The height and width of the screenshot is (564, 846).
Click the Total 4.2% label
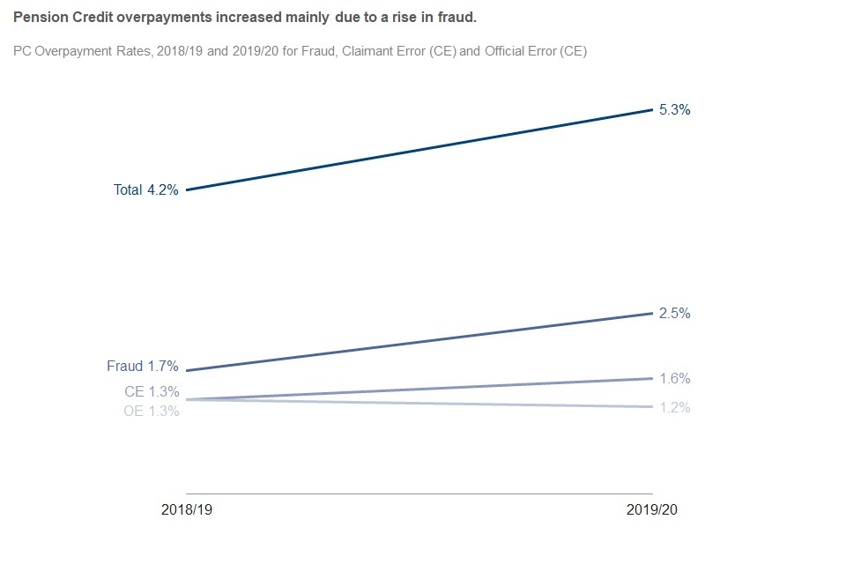(x=146, y=189)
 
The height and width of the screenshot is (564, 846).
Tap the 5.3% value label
(x=674, y=110)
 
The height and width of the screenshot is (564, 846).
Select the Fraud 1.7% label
(x=143, y=367)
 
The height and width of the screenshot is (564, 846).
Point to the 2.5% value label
(x=674, y=314)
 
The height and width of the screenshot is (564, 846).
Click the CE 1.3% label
(x=152, y=392)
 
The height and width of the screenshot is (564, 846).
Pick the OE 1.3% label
(x=152, y=411)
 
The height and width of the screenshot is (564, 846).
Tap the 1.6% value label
(x=674, y=379)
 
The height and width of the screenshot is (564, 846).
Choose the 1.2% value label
(x=674, y=408)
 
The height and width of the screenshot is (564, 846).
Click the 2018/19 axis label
(x=187, y=510)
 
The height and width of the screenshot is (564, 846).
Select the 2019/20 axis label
(x=652, y=510)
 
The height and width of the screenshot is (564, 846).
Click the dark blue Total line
(x=419, y=150)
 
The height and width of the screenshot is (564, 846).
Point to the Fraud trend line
(x=419, y=342)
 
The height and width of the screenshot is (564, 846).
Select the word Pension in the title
(x=37, y=18)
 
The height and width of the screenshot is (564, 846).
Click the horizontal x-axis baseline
(x=419, y=493)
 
